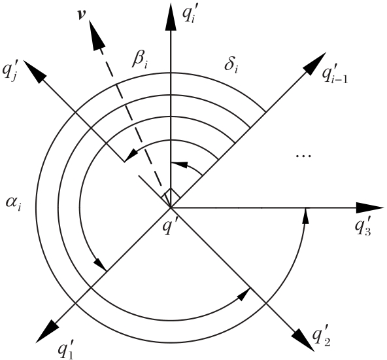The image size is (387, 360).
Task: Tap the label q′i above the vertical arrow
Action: [189, 14]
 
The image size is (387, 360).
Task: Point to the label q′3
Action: [363, 226]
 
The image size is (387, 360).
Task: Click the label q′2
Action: [321, 338]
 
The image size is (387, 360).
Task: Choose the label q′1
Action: [65, 349]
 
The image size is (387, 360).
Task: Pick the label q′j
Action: [10, 71]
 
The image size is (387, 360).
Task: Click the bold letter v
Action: [80, 15]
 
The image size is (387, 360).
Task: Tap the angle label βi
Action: [140, 60]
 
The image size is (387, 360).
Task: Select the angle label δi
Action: [231, 65]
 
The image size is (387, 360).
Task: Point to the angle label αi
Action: [13, 204]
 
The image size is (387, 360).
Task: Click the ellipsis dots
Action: [303, 156]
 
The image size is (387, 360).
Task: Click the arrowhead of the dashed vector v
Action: [97, 35]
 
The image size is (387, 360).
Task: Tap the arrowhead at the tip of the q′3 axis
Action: [370, 207]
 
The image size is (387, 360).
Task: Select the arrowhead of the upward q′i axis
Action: [171, 16]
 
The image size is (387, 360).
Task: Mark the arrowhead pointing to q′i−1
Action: [316, 63]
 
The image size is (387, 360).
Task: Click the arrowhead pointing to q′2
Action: [303, 340]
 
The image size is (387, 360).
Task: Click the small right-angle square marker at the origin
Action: [171, 197]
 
